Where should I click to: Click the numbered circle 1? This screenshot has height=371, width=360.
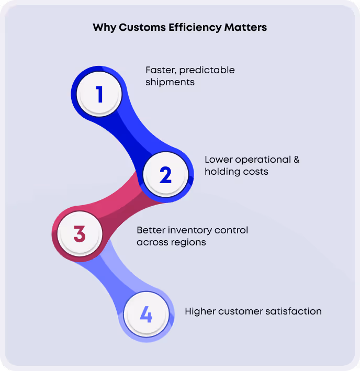point(99,95)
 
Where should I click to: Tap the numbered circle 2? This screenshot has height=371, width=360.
point(165,175)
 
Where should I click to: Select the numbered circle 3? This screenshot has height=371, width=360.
point(80,233)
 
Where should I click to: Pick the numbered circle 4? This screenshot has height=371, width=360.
point(146,316)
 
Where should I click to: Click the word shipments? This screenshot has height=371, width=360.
point(170,82)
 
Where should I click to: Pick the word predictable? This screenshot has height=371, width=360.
point(207,70)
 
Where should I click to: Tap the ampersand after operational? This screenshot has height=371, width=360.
point(296,160)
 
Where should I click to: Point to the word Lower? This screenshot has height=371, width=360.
point(218,160)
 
